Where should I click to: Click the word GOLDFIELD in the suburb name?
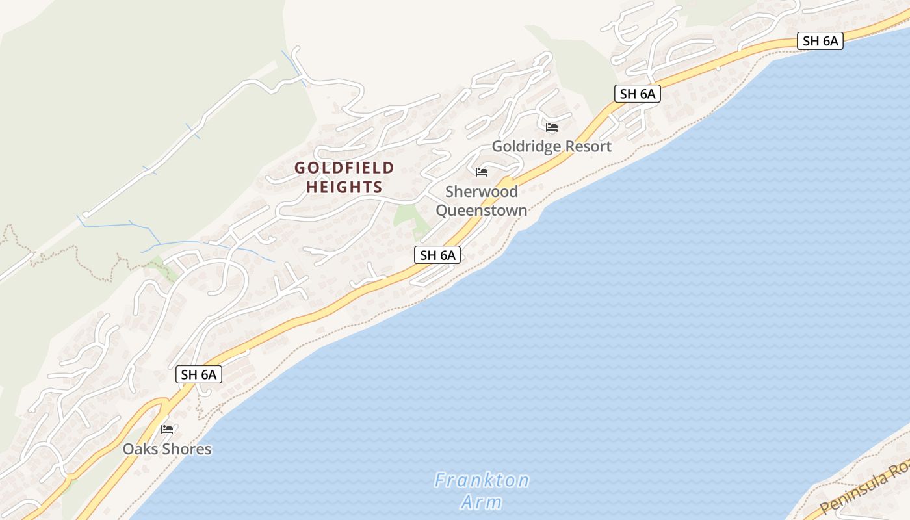(344, 168)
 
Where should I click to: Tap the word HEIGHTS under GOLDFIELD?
(344, 187)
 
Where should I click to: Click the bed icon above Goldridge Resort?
(552, 127)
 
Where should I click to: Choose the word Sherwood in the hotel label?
(482, 192)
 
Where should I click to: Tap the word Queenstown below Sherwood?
(482, 211)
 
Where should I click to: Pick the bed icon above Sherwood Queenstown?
(482, 172)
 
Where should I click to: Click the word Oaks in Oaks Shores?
(140, 449)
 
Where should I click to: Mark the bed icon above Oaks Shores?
(167, 430)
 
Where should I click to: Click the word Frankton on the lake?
(482, 481)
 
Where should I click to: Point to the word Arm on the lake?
(482, 502)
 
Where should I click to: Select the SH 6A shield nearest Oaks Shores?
(199, 374)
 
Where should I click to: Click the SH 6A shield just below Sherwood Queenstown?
(437, 255)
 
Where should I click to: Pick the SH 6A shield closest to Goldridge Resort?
(638, 94)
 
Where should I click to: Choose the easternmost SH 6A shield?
(820, 41)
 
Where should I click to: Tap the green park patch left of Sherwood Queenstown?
(409, 218)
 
